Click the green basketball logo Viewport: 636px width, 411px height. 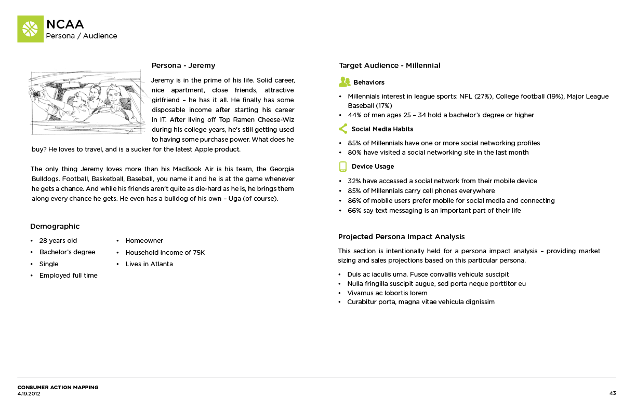coord(30,29)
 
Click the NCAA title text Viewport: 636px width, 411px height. coord(65,24)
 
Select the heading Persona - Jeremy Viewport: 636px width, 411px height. coord(183,65)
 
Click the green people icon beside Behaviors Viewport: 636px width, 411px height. coord(344,82)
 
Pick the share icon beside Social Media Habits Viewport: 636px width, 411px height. coord(343,129)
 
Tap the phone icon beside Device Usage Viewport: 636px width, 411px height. coord(343,167)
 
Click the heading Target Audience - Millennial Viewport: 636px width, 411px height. coord(389,65)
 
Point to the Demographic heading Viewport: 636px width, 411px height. coord(55,226)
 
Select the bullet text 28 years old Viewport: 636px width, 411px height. coord(58,241)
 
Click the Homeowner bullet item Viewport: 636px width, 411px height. coord(144,241)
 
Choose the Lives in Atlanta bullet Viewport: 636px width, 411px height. coord(149,264)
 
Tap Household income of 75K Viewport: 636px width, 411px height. coord(165,253)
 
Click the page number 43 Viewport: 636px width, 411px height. coord(613,393)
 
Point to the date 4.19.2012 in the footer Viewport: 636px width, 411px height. coord(29,394)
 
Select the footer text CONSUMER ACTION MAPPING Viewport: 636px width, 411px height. coord(58,387)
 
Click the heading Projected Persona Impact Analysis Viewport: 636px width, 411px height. coord(401,237)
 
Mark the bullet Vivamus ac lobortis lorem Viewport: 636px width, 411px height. coord(387,293)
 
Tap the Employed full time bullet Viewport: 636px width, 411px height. coord(68,276)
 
